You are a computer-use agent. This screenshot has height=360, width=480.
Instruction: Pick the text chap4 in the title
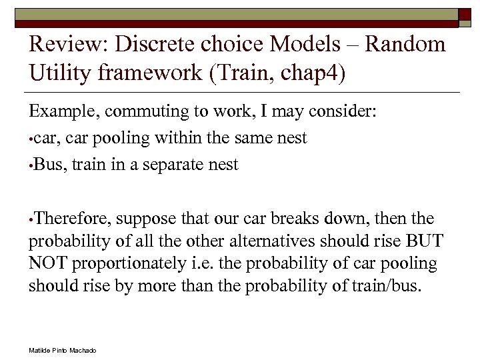pyautogui.click(x=313, y=73)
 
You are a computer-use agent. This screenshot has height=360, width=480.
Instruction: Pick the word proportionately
pyautogui.click(x=126, y=263)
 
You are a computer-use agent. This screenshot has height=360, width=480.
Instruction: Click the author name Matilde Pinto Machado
pyautogui.click(x=63, y=350)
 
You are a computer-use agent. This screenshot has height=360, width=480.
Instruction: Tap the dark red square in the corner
pyautogui.click(x=464, y=16)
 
